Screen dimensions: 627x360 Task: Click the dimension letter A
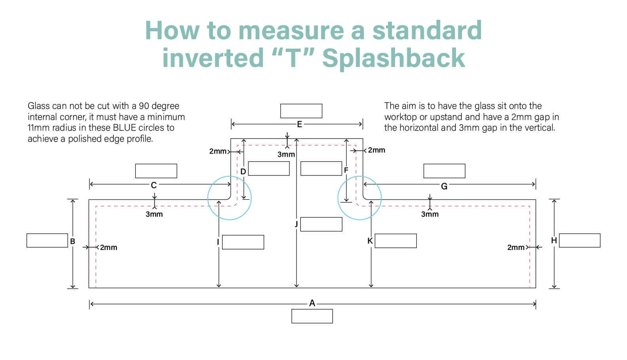click(x=312, y=303)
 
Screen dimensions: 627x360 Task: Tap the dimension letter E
click(x=300, y=124)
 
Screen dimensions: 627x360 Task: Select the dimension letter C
click(x=154, y=185)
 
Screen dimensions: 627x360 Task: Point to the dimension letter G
click(x=444, y=186)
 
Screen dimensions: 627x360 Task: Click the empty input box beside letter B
click(x=47, y=241)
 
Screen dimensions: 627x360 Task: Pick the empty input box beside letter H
click(x=579, y=241)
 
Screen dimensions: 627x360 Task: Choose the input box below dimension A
click(x=312, y=316)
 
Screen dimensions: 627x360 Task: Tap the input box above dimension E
click(x=301, y=111)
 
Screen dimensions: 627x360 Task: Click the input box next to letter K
click(x=396, y=241)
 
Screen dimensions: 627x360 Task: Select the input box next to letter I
click(x=243, y=242)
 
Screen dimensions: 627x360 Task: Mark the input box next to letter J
click(x=321, y=225)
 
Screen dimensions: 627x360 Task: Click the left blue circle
click(x=208, y=198)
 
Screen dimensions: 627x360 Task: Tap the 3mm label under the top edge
click(x=286, y=154)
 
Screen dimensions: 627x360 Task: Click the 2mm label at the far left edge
click(x=108, y=248)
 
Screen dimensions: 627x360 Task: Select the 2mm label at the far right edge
click(x=516, y=248)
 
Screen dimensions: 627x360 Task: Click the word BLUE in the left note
click(x=123, y=128)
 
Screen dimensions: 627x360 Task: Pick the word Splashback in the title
click(x=393, y=58)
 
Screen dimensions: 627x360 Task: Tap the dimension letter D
click(x=243, y=171)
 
